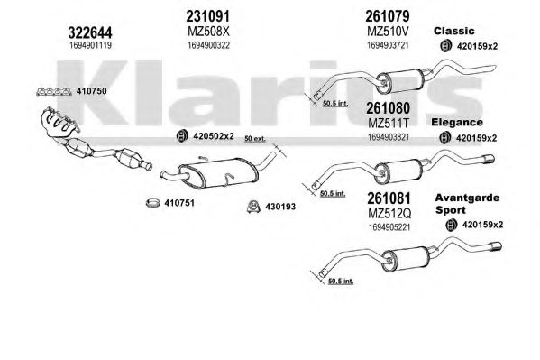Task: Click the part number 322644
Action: click(x=90, y=32)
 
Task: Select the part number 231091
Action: click(x=207, y=16)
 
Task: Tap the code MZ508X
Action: click(x=208, y=32)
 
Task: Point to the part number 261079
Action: click(x=388, y=16)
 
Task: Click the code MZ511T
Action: click(x=389, y=123)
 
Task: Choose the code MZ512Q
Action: click(x=389, y=214)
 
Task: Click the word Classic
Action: click(x=453, y=31)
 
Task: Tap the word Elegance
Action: click(x=457, y=122)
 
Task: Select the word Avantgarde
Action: click(x=467, y=198)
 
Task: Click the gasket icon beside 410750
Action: click(x=54, y=91)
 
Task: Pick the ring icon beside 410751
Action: click(x=153, y=203)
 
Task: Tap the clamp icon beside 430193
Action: click(x=253, y=207)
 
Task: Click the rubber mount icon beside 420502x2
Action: click(x=182, y=136)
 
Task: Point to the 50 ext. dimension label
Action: click(x=255, y=139)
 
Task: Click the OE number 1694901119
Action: click(x=90, y=45)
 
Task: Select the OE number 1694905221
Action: click(x=389, y=227)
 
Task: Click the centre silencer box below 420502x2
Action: click(x=218, y=174)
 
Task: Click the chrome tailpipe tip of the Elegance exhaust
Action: click(x=489, y=160)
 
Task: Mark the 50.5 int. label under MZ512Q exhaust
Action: click(x=341, y=281)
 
